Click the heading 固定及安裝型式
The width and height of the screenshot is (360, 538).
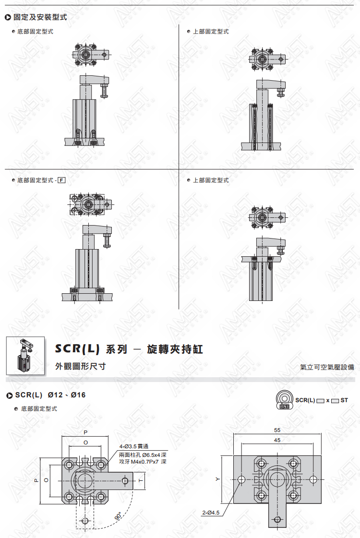point(40,17)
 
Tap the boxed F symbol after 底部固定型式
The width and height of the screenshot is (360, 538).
point(61,180)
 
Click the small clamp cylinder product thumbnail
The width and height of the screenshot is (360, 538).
point(25,356)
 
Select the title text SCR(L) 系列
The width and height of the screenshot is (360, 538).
point(91,349)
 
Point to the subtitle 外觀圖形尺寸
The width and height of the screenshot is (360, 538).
point(80,367)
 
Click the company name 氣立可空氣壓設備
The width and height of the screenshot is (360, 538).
point(327,367)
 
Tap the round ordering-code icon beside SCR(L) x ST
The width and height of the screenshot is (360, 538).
point(284,400)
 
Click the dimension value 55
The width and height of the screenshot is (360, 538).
point(277,430)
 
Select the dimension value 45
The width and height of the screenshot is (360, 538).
point(277,440)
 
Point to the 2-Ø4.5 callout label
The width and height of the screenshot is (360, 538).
point(211,513)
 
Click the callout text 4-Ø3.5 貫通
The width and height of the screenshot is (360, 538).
point(134,446)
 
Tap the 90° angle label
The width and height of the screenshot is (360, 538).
point(118,516)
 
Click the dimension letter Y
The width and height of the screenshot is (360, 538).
point(217,479)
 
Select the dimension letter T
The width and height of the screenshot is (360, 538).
point(141,480)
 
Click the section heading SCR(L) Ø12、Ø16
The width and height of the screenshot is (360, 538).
point(50,395)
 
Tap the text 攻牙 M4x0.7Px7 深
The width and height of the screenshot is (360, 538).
point(143,462)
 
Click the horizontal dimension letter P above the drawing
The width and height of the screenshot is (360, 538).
point(85,432)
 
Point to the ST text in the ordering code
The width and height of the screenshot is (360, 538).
point(344,400)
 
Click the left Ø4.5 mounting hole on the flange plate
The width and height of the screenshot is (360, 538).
point(241,479)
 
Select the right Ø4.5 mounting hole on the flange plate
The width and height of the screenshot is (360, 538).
point(313,479)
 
